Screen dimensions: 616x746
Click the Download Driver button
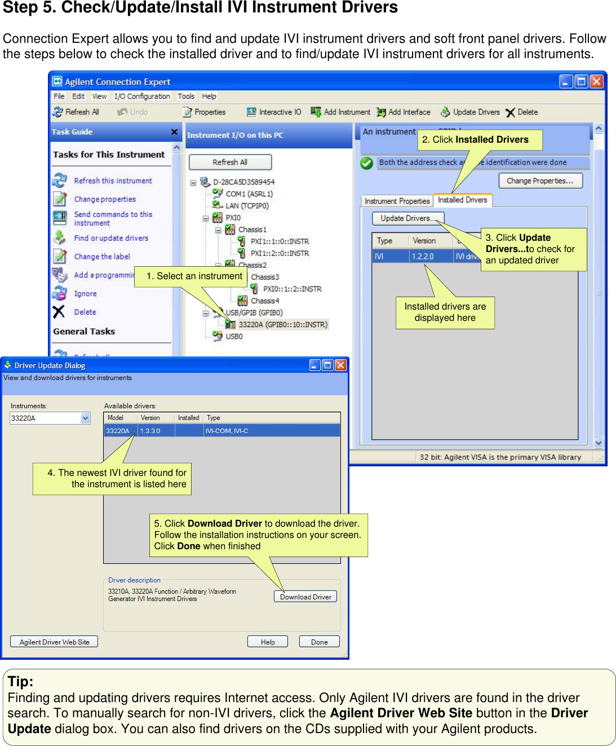point(305,597)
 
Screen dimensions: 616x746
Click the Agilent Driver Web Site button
point(54,642)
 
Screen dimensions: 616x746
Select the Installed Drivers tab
point(462,200)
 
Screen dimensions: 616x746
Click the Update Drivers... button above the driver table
point(407,218)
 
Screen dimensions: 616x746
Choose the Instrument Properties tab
point(397,201)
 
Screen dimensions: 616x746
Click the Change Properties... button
point(540,181)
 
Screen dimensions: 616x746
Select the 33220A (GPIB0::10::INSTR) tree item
point(282,325)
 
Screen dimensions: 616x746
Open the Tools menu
point(186,96)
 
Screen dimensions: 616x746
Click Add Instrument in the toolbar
point(341,112)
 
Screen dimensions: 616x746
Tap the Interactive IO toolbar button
point(274,112)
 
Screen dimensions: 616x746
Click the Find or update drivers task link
point(111,238)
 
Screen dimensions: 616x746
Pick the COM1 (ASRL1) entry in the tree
point(249,194)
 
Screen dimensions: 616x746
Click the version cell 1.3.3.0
point(150,431)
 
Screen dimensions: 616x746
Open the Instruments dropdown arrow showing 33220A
point(86,418)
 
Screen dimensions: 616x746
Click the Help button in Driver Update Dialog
point(268,642)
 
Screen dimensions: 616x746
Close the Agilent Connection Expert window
point(596,82)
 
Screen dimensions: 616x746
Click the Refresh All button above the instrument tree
point(230,162)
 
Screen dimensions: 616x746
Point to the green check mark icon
point(367,163)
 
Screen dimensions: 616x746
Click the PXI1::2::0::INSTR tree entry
point(280,253)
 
